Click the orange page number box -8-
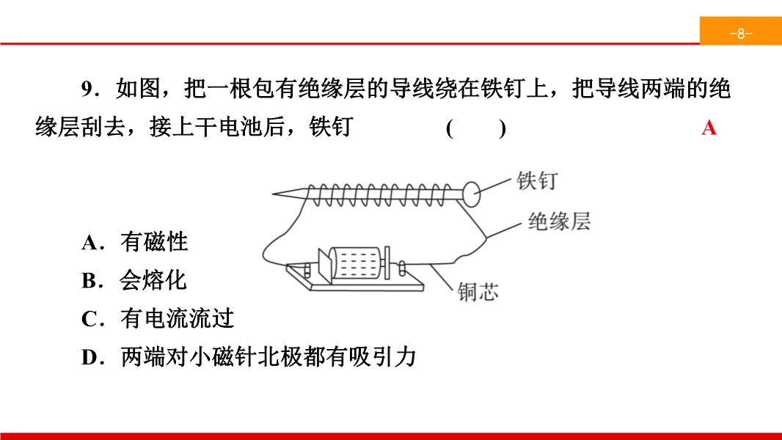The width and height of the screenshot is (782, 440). pos(741,31)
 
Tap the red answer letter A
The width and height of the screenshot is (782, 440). pos(709,128)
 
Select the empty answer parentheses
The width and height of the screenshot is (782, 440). pos(476,128)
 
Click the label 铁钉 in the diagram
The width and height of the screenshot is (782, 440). pos(537,180)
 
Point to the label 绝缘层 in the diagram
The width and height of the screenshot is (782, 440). pos(560,221)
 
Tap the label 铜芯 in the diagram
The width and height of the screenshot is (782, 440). pos(478,292)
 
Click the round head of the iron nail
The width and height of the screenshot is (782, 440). pos(471,194)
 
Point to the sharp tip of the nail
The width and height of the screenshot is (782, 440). pos(272,194)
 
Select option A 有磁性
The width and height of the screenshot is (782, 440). pos(135,242)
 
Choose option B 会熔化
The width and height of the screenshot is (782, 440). pos(134,280)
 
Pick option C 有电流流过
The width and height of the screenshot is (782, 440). pos(158,318)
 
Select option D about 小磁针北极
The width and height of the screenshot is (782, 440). pos(249,357)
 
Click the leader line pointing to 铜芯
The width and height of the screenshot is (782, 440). pos(442,276)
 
